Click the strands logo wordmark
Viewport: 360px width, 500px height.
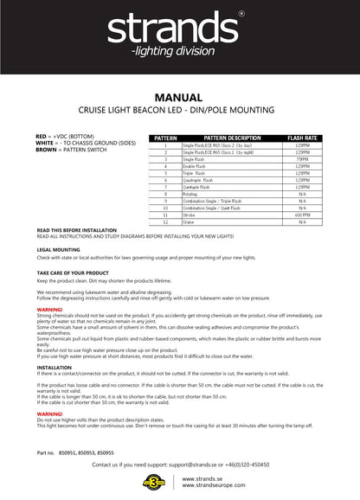[179, 32]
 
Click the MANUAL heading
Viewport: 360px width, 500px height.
[180, 98]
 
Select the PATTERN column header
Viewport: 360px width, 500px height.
[164, 138]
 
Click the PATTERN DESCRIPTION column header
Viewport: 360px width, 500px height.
[231, 138]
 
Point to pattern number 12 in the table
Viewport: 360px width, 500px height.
[164, 222]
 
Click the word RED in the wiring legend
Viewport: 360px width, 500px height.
[42, 137]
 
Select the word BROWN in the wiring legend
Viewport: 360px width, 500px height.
[47, 150]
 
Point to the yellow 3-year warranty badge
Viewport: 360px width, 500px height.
[157, 484]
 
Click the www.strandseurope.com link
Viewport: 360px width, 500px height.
[213, 488]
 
